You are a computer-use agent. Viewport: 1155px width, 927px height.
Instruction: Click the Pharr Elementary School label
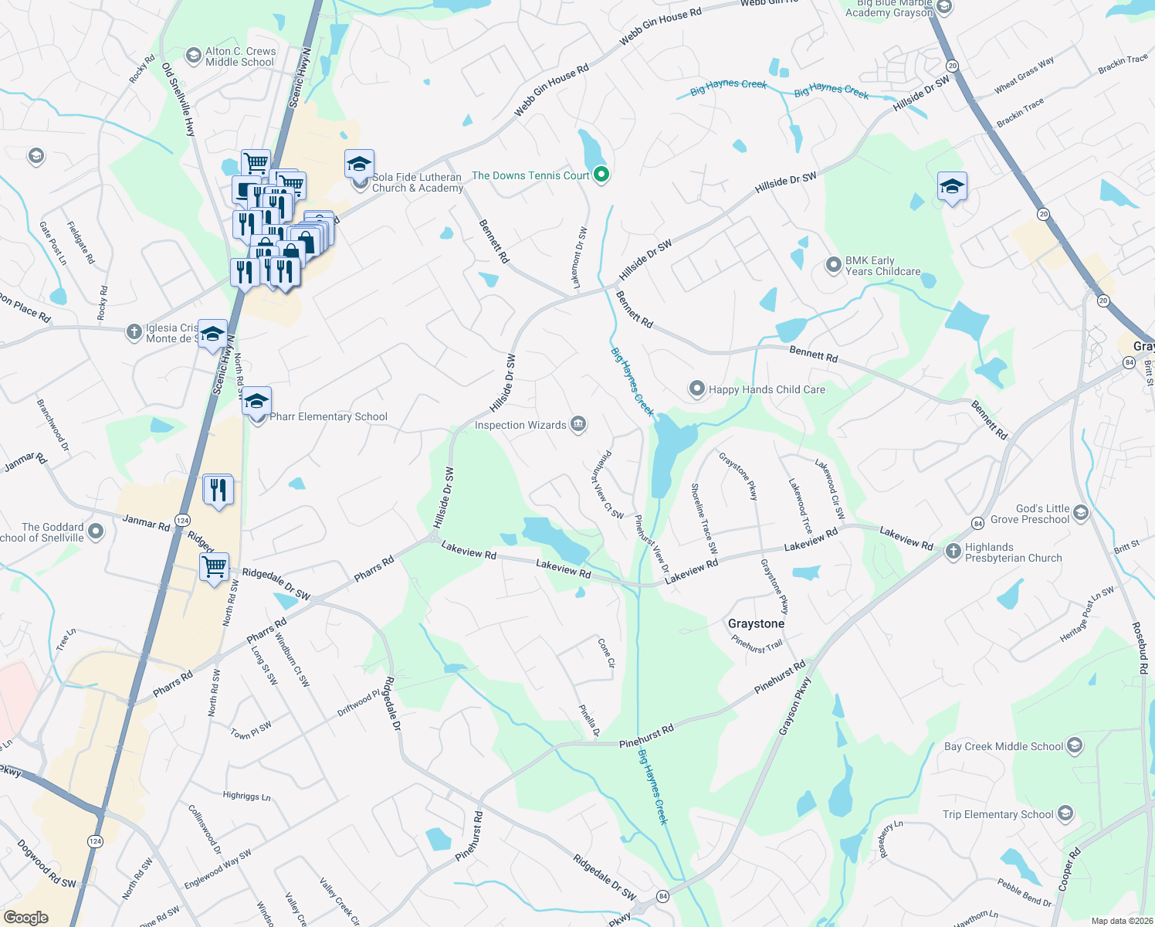(x=328, y=417)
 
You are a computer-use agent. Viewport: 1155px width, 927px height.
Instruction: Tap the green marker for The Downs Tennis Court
(x=602, y=175)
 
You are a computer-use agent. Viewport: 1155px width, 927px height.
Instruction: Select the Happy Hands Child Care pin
(x=697, y=389)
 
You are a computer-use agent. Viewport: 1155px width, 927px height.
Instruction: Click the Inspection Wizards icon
(x=578, y=424)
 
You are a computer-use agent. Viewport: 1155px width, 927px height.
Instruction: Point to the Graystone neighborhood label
(x=756, y=623)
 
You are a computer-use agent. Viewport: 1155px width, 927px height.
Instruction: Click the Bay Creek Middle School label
(x=1003, y=746)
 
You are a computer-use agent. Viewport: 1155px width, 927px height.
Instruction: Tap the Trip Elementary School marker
(x=1065, y=813)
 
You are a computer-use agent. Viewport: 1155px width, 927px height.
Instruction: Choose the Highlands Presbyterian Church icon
(x=953, y=552)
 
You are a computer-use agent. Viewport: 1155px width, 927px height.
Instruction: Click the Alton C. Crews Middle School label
(x=240, y=56)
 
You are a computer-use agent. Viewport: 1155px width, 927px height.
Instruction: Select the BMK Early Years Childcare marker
(x=834, y=265)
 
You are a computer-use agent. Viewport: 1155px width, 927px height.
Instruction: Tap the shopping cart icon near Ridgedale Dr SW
(x=215, y=566)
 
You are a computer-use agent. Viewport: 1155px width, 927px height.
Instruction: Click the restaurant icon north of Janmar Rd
(x=218, y=490)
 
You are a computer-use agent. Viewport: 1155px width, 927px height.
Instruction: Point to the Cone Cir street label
(x=607, y=652)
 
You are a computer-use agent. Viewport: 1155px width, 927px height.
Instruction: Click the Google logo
(x=25, y=918)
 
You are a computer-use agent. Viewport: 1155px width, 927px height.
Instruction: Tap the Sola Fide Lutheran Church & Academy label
(x=417, y=182)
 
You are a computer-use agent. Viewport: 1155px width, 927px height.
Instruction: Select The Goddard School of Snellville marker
(x=96, y=531)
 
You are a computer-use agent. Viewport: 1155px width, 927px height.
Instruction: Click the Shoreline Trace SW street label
(x=704, y=518)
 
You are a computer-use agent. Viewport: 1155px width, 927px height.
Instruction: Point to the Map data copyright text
(x=1122, y=921)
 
